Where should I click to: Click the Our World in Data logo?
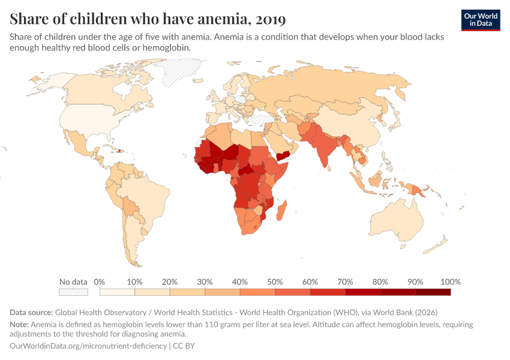(481, 20)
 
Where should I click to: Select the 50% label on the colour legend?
(275, 282)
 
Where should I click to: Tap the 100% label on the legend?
(450, 282)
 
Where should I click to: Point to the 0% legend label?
(100, 282)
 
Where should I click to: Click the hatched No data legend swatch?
(73, 292)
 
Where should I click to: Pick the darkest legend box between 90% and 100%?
(433, 292)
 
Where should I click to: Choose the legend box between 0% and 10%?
(117, 292)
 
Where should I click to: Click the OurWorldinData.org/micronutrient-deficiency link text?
(89, 346)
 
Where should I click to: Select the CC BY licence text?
(184, 346)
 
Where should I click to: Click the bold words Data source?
(31, 313)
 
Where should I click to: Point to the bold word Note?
(20, 325)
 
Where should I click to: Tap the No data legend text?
(73, 282)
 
